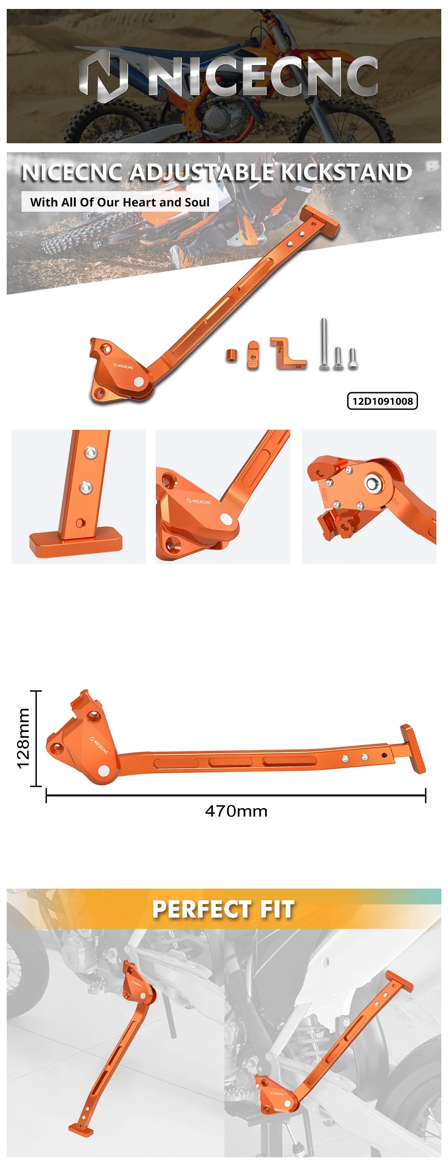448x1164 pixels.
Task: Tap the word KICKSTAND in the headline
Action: [x=346, y=172]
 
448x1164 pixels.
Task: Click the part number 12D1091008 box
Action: [x=382, y=401]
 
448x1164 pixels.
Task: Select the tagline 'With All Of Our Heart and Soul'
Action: [x=120, y=202]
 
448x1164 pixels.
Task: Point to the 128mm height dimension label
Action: [x=23, y=738]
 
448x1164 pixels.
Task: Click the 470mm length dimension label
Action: [x=236, y=811]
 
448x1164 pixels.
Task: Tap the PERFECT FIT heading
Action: [x=223, y=909]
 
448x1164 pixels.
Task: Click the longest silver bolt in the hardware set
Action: [x=324, y=344]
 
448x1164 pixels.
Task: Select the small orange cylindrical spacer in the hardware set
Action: [x=231, y=354]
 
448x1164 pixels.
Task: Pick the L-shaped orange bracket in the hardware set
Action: [x=288, y=354]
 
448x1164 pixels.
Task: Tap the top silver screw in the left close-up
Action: [x=91, y=452]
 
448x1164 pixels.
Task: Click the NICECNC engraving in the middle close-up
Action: [x=199, y=501]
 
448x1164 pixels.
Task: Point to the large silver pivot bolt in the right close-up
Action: [x=372, y=484]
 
